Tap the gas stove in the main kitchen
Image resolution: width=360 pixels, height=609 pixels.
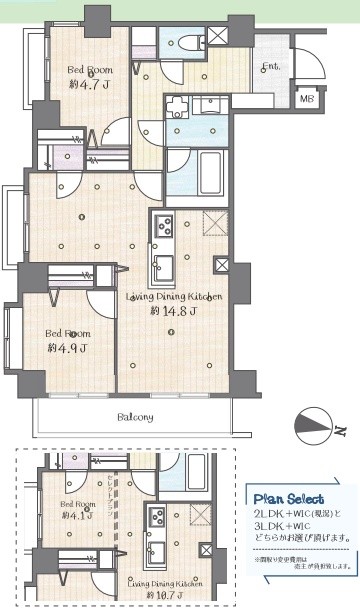pyautogui.click(x=163, y=226)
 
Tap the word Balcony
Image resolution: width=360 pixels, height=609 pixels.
pyautogui.click(x=132, y=417)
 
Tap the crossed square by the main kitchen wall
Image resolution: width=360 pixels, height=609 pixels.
pyautogui.click(x=222, y=267)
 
